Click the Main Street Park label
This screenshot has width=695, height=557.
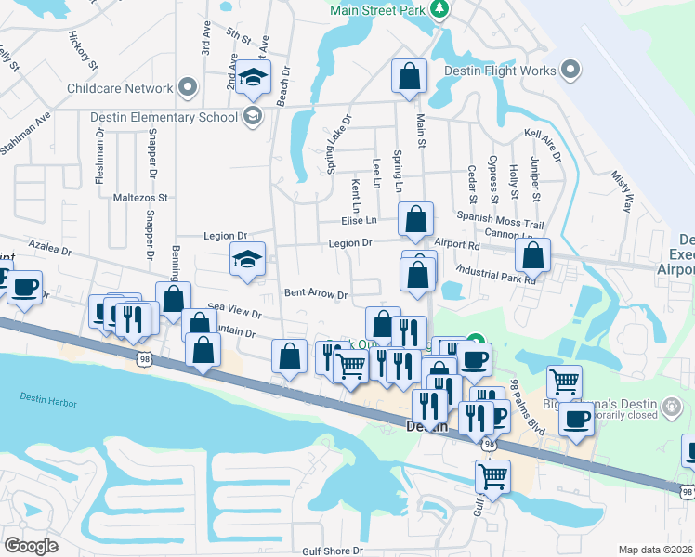pyautogui.click(x=379, y=10)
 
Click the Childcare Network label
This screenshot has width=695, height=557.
pyautogui.click(x=120, y=89)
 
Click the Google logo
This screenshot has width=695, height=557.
pyautogui.click(x=32, y=545)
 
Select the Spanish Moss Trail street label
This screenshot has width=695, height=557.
pyautogui.click(x=505, y=225)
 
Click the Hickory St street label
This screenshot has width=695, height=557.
pyautogui.click(x=82, y=50)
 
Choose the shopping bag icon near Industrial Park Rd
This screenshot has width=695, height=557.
pyautogui.click(x=533, y=256)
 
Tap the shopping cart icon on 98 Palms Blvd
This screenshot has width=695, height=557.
pyautogui.click(x=564, y=381)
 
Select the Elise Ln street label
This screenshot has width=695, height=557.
pyautogui.click(x=359, y=220)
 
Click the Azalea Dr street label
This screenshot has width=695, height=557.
pyautogui.click(x=50, y=251)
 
